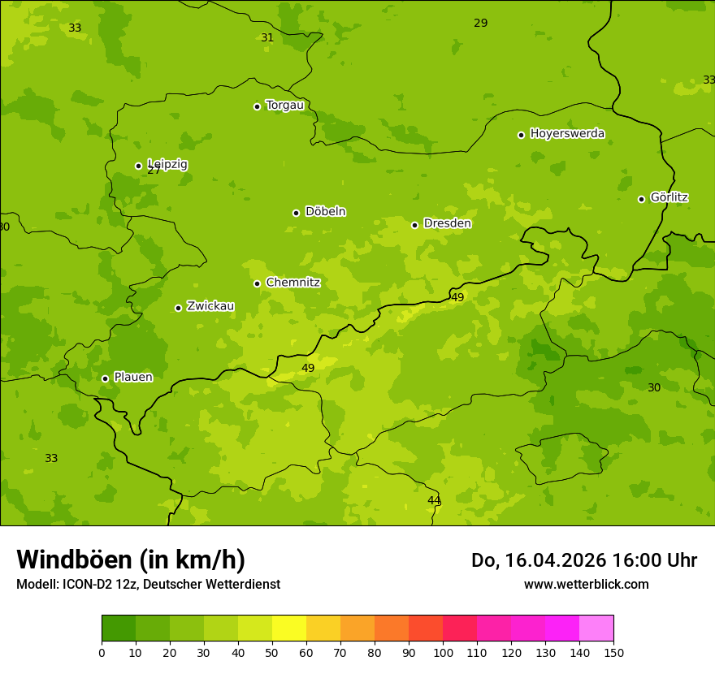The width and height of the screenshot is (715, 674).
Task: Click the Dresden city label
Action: [447, 223]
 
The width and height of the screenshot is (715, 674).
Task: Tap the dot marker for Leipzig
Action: [138, 166]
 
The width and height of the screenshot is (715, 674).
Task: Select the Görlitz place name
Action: [669, 197]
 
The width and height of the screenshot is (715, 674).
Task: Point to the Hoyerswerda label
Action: [567, 133]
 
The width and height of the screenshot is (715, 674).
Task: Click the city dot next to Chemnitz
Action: [257, 283]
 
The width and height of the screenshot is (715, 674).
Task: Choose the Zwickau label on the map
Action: [210, 306]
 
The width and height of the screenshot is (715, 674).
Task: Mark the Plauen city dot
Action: [105, 378]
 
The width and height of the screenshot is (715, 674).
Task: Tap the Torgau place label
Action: [284, 105]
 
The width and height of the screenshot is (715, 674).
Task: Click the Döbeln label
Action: [325, 211]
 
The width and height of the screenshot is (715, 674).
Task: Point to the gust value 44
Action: [434, 500]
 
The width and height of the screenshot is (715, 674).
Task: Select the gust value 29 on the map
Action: [481, 23]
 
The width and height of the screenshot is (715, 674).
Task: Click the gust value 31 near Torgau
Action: [267, 37]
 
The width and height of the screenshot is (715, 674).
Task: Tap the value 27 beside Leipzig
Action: [154, 171]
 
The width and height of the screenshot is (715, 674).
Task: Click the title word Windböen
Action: [74, 560]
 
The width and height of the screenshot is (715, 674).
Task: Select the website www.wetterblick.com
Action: [586, 584]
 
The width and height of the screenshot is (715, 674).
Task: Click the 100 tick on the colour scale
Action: [443, 652]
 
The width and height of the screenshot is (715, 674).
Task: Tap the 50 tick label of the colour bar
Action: [272, 652]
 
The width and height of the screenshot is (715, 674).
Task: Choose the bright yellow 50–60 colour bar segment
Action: [289, 629]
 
